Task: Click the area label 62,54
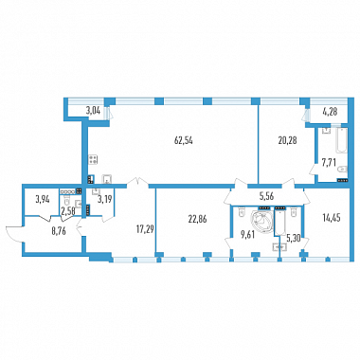tap(184, 140)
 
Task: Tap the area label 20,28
tap(287, 140)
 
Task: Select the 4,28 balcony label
tap(330, 112)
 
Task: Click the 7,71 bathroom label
tap(328, 163)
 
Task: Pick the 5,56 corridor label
tap(266, 197)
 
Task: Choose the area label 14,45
tap(332, 218)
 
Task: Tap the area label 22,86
tap(198, 219)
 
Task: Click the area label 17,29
tap(144, 228)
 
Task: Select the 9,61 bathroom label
tap(248, 234)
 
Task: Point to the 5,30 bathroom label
tap(293, 240)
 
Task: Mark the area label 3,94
tap(43, 200)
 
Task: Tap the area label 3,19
tap(105, 200)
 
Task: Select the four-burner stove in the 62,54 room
tap(94, 159)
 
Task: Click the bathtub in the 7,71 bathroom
tap(342, 140)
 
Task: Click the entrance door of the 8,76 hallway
tap(14, 233)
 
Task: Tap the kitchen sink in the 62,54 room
tap(108, 179)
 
